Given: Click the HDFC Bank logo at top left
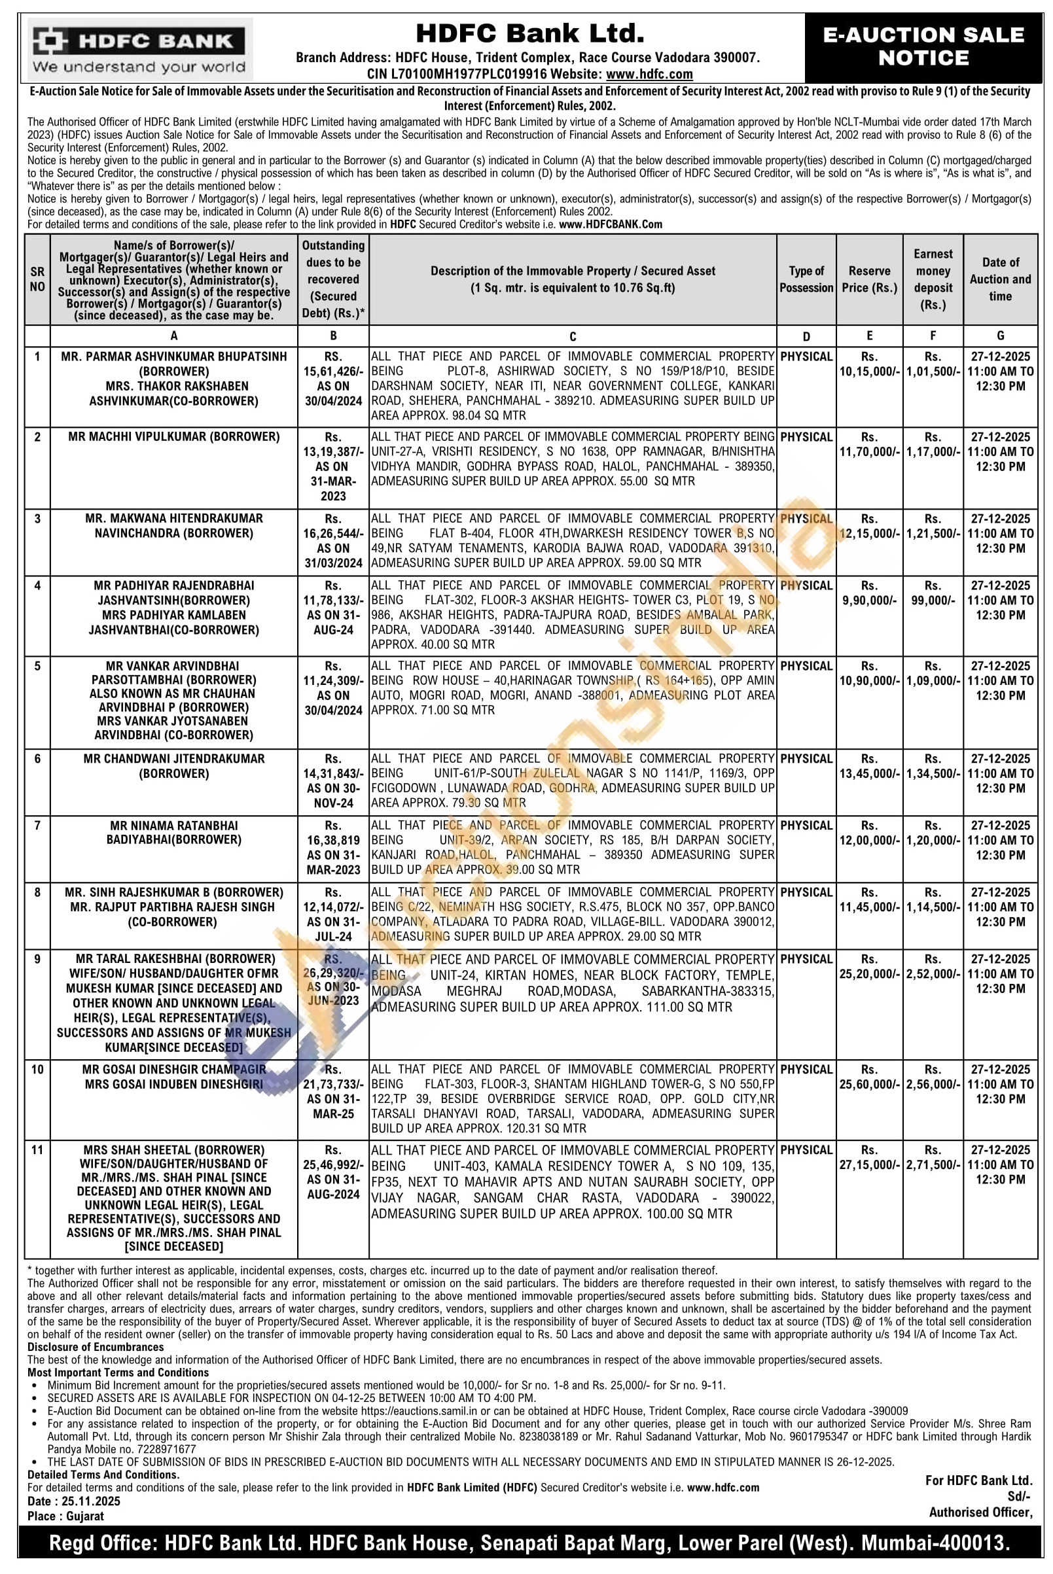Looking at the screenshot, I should [x=139, y=50].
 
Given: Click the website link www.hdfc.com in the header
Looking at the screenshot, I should [x=649, y=75].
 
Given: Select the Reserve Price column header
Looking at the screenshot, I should [x=869, y=279].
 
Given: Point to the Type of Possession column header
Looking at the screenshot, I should [x=806, y=279].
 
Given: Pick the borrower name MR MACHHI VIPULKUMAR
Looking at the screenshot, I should [x=174, y=437].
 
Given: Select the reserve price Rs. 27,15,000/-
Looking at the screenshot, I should [x=869, y=1164].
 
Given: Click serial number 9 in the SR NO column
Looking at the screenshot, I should [x=37, y=959].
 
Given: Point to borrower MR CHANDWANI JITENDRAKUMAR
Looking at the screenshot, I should [x=174, y=759].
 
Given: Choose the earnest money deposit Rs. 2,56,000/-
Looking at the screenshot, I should [x=933, y=1084].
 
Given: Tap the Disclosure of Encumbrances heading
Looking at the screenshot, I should [x=96, y=1347].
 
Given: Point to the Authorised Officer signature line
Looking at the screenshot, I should [x=980, y=1513].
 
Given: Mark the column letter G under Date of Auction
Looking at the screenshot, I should [x=1000, y=336].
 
